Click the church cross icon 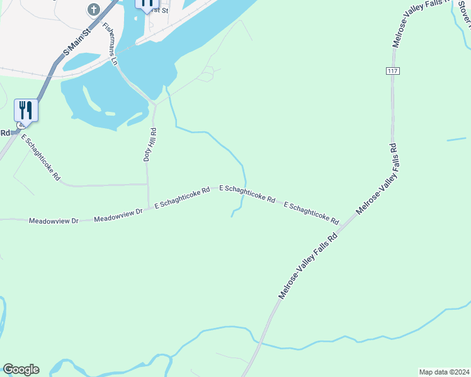point(94,9)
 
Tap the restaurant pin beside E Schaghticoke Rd point(26,110)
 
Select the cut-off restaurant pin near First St point(147,4)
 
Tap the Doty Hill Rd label point(150,145)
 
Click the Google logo point(21,369)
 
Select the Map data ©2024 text point(444,371)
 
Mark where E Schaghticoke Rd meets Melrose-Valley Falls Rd point(345,226)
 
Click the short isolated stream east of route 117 point(457,139)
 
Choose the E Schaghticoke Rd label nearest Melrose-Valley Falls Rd point(311,214)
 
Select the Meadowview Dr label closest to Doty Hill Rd point(118,216)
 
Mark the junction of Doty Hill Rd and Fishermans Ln point(154,104)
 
